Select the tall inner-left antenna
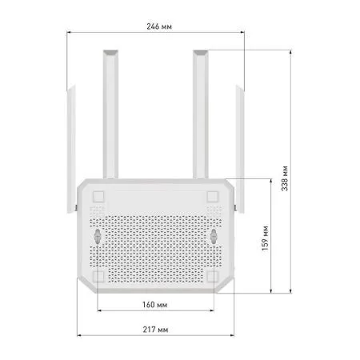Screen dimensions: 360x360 (110, 112)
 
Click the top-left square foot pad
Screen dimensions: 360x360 (98, 197)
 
